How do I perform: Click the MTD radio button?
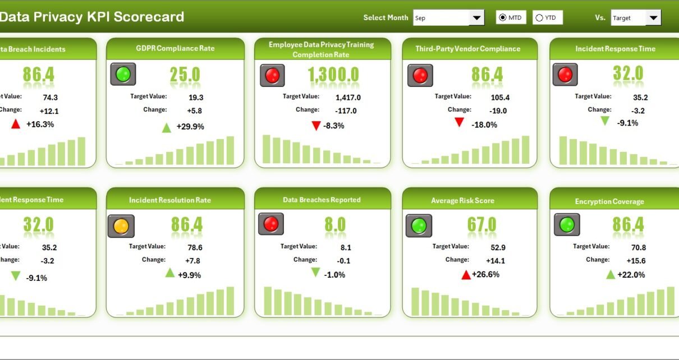(503, 18)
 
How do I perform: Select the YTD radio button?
(539, 18)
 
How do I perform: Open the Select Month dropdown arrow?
(477, 18)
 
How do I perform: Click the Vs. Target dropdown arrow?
(653, 18)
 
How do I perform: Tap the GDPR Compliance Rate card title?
(175, 48)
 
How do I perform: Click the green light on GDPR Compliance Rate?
(123, 74)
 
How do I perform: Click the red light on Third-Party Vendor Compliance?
(419, 75)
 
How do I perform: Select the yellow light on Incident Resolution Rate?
(121, 227)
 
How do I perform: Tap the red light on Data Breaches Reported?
(271, 224)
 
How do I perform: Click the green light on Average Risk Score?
(419, 226)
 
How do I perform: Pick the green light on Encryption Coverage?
(567, 225)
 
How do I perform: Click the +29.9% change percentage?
(190, 127)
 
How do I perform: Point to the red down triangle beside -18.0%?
(460, 122)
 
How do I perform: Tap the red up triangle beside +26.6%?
(466, 274)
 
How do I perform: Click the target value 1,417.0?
(348, 98)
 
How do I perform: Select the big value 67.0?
(481, 225)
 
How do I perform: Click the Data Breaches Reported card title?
(322, 200)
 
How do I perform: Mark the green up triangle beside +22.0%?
(611, 274)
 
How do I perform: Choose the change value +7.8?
(192, 261)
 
